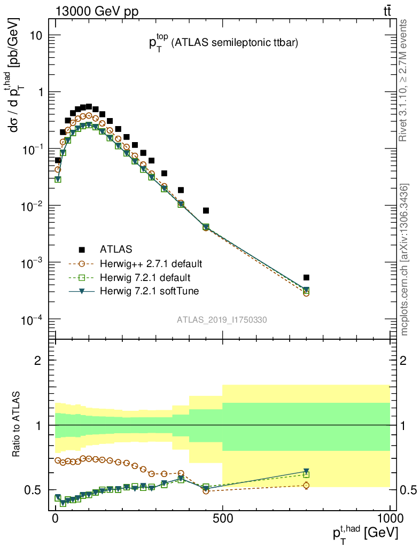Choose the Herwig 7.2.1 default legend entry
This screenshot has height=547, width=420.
(x=145, y=278)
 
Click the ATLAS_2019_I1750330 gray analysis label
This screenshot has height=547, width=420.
(x=222, y=320)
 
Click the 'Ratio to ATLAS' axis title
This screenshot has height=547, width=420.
(x=17, y=425)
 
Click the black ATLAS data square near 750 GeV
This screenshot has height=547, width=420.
(x=306, y=278)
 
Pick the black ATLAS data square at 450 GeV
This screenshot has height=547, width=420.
(x=206, y=210)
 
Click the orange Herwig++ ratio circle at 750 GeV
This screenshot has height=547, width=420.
(x=306, y=486)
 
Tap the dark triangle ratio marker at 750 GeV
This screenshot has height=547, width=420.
(x=306, y=471)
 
